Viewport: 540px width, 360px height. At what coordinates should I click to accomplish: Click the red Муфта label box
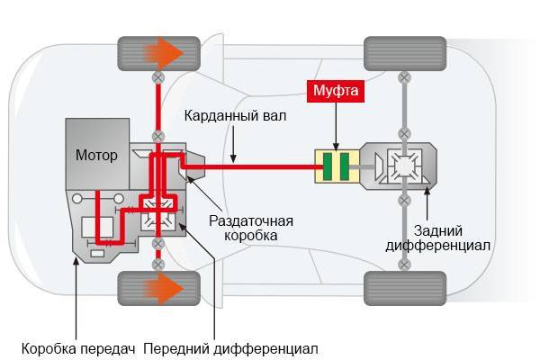[336, 92]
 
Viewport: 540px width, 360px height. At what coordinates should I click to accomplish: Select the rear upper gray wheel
[404, 55]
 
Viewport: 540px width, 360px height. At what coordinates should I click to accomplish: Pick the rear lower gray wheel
[404, 288]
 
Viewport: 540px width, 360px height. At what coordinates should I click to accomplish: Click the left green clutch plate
[328, 168]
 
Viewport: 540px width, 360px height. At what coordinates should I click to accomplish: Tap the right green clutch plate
[344, 168]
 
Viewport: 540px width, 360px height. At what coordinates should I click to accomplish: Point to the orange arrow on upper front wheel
[170, 55]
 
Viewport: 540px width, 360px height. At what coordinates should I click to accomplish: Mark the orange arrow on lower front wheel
[170, 288]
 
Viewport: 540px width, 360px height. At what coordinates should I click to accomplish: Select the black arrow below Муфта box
[336, 126]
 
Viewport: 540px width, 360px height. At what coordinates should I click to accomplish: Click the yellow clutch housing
[336, 168]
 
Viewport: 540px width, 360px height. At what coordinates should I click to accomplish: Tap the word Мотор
[96, 156]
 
